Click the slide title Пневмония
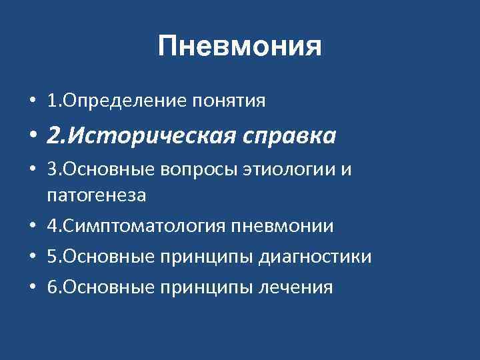(x=240, y=47)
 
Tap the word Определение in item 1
(x=126, y=101)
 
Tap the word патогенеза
(x=97, y=196)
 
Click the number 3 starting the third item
(x=52, y=171)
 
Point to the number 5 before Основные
(x=52, y=257)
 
